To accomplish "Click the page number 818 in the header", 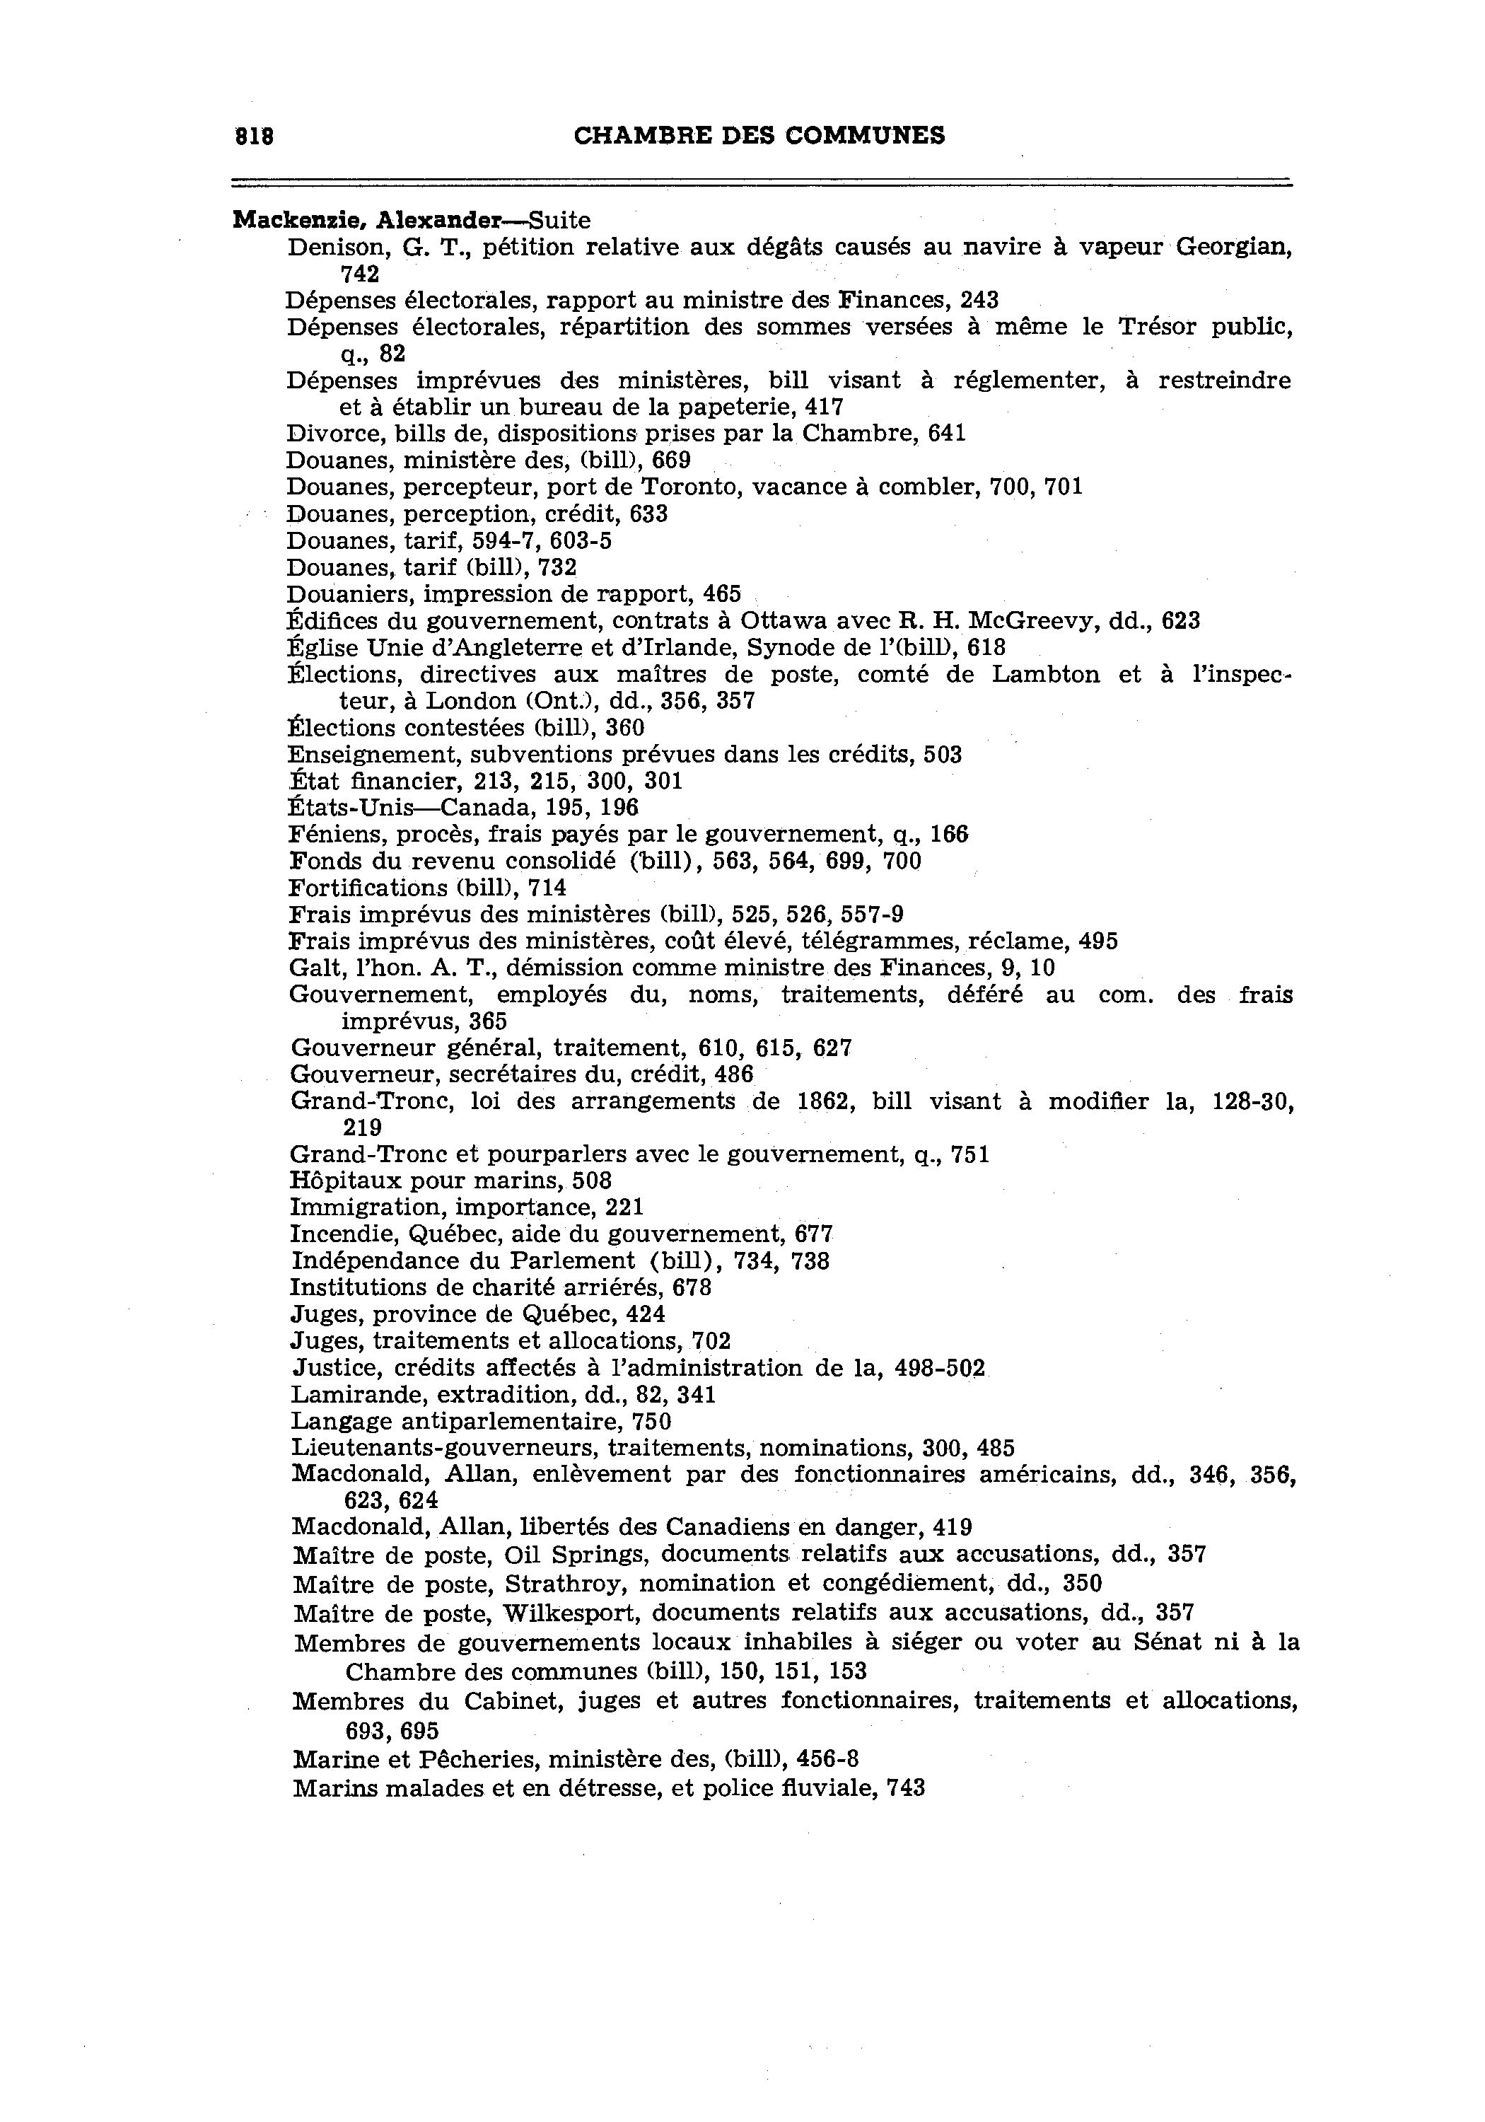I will [x=254, y=136].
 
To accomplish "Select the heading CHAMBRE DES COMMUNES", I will [x=759, y=136].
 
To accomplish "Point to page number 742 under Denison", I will [x=359, y=274].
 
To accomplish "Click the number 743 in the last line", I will [x=906, y=1788].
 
